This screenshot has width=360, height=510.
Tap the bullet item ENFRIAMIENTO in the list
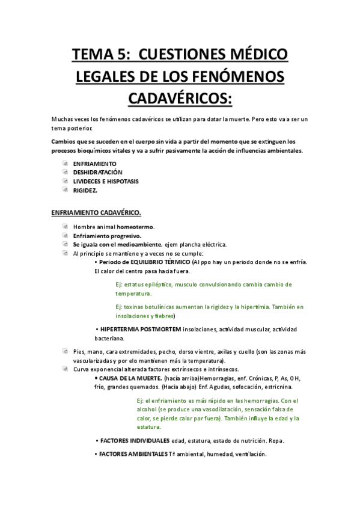pos(95,163)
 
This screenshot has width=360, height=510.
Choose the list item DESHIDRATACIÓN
pos(102,172)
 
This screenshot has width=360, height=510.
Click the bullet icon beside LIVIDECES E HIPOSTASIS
pos(65,181)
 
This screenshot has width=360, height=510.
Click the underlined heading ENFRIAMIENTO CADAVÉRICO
pos(96,212)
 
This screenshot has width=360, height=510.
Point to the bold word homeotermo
pos(135,227)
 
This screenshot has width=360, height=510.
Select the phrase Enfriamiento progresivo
pos(107,236)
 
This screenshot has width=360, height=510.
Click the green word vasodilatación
pos(218,410)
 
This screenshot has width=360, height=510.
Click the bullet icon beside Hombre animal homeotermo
pos(65,227)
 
